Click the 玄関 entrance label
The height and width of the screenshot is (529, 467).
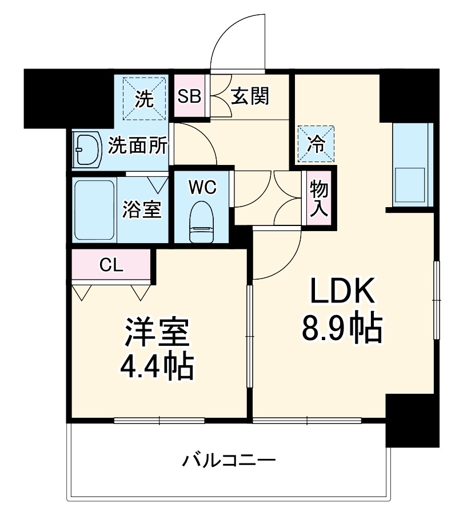250,96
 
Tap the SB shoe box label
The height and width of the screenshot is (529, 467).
188,96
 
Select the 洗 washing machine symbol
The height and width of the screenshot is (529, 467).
144,99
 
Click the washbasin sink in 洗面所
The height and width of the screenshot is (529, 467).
87,150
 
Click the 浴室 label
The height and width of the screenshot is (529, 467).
142,209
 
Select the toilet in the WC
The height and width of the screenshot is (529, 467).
201,223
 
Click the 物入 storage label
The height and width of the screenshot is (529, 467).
318,197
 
